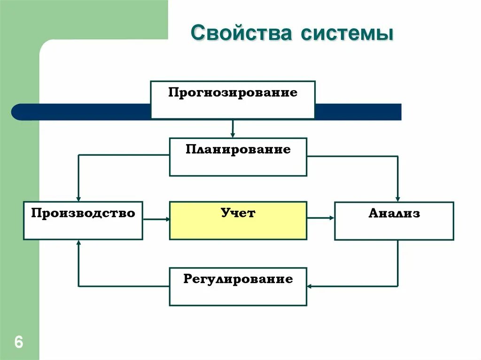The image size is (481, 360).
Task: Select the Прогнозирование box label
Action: [233, 92]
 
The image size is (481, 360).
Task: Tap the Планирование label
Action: [238, 150]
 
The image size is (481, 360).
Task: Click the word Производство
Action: [83, 214]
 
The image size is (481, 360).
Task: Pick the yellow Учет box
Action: [238, 221]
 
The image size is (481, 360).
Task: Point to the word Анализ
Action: [394, 214]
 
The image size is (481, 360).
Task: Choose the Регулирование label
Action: [238, 280]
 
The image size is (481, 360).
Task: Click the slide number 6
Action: [19, 342]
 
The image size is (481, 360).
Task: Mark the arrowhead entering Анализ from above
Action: [398, 199]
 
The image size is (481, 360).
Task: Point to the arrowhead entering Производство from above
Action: [79, 199]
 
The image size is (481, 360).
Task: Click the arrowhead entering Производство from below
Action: [79, 243]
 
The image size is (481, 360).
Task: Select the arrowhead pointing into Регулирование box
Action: [310, 286]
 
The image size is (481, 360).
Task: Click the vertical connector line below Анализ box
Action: [398, 263]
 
